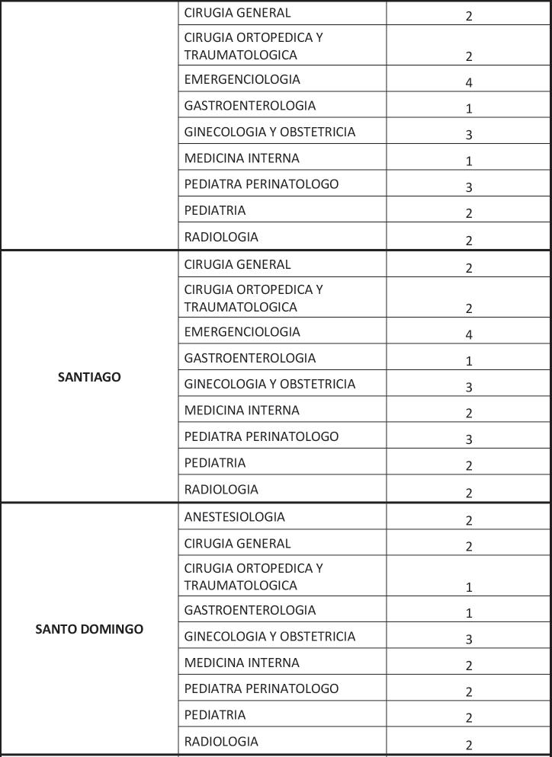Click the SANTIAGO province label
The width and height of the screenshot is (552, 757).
(89, 377)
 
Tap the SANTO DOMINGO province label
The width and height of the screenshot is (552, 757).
(89, 630)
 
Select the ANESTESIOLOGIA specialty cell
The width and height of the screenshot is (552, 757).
(234, 517)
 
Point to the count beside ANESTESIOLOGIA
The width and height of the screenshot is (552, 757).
(469, 521)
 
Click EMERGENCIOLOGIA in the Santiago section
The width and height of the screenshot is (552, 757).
(242, 332)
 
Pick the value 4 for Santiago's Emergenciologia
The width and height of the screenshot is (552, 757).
(469, 335)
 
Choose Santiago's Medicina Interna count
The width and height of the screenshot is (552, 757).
(469, 414)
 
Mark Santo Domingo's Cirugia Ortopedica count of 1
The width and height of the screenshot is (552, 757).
(469, 587)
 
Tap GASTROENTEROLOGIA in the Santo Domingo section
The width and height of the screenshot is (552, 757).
(249, 610)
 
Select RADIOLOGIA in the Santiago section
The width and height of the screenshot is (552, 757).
(221, 490)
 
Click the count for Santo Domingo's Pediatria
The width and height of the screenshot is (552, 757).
(469, 718)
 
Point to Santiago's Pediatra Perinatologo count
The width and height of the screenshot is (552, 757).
(469, 439)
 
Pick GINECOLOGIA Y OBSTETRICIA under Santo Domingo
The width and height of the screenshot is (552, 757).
(269, 637)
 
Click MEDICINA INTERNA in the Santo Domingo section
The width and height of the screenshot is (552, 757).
(242, 663)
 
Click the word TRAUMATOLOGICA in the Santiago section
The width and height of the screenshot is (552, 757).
(240, 308)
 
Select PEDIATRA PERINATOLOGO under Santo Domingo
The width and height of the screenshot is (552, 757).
(261, 688)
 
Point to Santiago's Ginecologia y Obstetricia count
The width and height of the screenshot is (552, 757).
(469, 388)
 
